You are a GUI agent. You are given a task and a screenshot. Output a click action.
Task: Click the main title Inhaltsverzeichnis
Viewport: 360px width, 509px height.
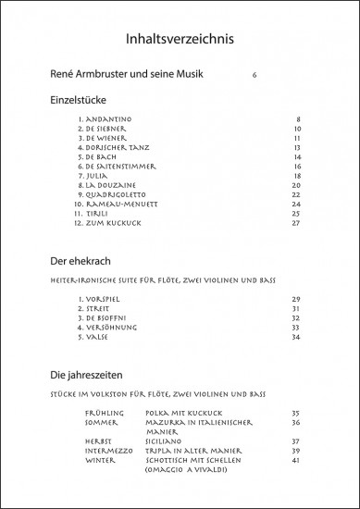click(x=180, y=40)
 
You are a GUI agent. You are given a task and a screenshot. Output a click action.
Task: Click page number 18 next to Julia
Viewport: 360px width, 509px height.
click(x=297, y=176)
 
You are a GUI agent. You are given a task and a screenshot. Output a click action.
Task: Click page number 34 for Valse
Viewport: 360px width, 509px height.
click(x=297, y=337)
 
